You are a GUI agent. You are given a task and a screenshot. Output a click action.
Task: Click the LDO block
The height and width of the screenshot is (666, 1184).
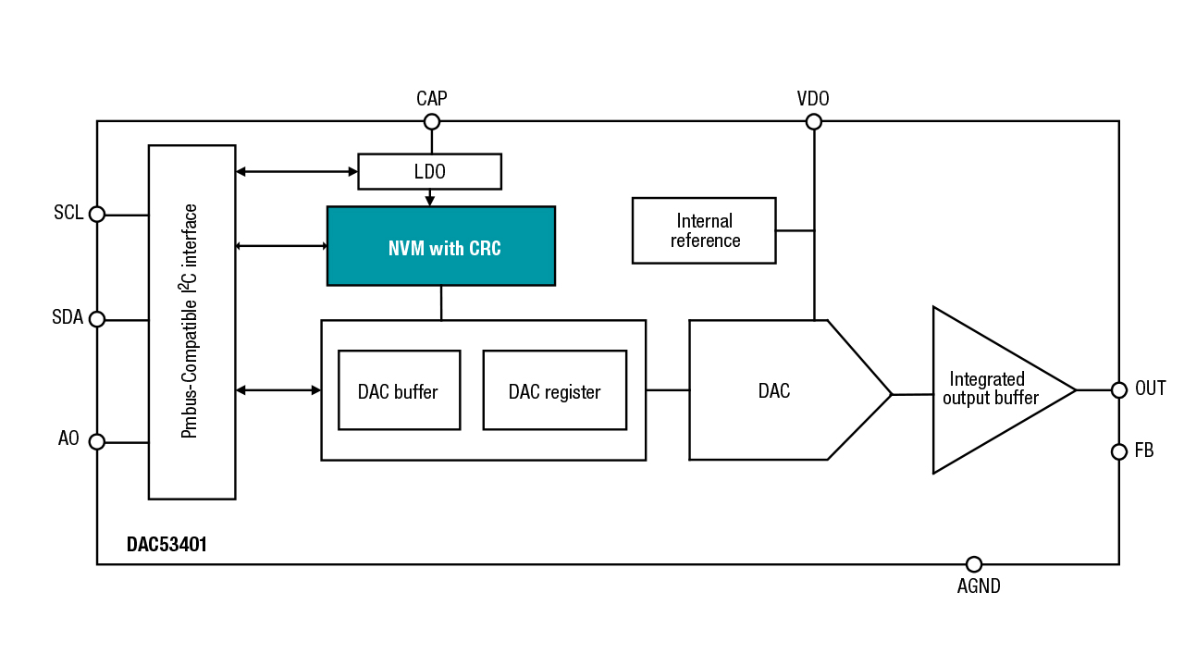[429, 171]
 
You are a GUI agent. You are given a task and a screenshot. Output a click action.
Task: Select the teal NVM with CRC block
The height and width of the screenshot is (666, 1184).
[441, 246]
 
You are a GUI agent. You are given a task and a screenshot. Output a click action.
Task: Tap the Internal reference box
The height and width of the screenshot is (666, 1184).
[704, 230]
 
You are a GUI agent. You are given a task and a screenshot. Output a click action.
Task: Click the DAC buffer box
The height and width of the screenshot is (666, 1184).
[399, 390]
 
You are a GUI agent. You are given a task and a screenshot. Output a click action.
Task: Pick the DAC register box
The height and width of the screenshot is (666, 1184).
[554, 390]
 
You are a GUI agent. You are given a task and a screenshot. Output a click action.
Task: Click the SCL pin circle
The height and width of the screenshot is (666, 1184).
[97, 215]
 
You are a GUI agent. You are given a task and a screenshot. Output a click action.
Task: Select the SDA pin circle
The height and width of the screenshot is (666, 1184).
[97, 319]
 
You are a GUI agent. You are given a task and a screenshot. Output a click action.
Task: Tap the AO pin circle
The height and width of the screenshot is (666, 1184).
[97, 442]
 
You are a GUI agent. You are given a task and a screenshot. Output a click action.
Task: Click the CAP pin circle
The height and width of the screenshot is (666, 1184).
[431, 121]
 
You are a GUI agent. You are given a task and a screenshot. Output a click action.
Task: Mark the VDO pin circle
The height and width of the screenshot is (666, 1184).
[814, 121]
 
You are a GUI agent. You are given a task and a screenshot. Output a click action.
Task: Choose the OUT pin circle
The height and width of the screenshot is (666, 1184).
[1118, 390]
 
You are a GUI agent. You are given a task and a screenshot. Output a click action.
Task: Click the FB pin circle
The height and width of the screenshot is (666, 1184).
[1118, 451]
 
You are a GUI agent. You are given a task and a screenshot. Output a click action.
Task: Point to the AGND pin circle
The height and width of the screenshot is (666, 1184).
[973, 564]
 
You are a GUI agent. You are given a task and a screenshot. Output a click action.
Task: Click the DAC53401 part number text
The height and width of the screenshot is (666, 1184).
[166, 545]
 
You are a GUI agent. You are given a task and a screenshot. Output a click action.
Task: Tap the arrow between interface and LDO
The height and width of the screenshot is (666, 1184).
[296, 171]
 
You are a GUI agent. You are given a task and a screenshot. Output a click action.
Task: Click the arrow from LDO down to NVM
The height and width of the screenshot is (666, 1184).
[429, 197]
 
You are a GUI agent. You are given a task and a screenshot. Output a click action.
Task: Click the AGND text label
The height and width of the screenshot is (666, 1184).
[979, 586]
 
